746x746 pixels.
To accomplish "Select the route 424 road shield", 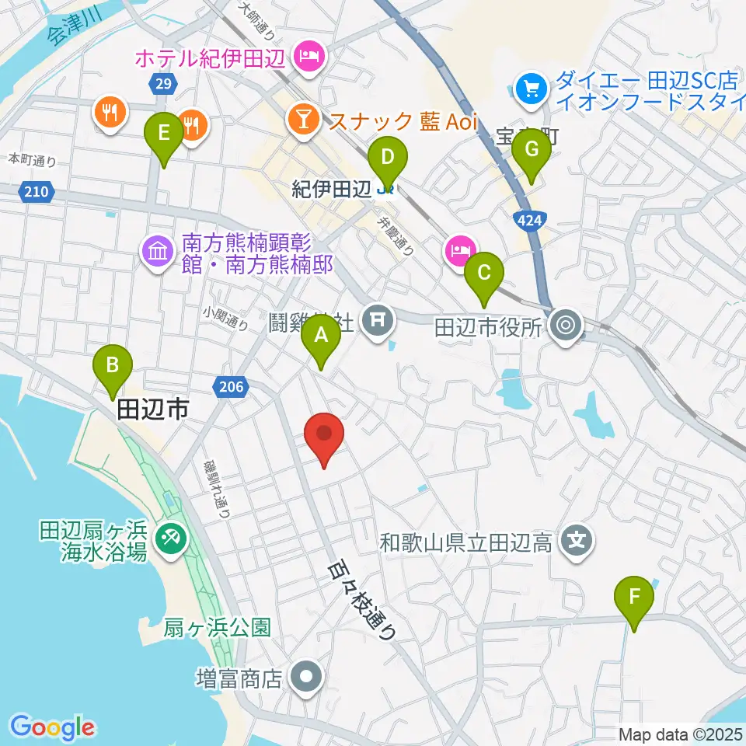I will pyautogui.click(x=528, y=220).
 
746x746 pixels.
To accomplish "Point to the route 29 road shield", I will pyautogui.click(x=162, y=82).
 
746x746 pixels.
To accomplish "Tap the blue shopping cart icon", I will pyautogui.click(x=532, y=89).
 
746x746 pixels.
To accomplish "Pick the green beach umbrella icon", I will pyautogui.click(x=168, y=537).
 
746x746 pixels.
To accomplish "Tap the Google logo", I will pyautogui.click(x=53, y=727).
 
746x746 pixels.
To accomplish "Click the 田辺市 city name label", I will pyautogui.click(x=153, y=410).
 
